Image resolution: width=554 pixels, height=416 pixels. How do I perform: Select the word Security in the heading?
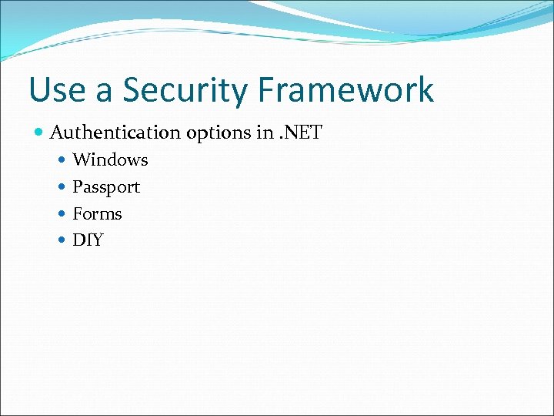coord(187,90)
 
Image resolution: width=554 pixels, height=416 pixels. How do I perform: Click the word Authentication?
coord(115,133)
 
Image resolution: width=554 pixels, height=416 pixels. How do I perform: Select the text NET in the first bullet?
coord(303,133)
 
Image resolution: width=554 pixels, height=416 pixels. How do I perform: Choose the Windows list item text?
coord(110,160)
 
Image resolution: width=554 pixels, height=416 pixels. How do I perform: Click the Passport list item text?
coord(106,187)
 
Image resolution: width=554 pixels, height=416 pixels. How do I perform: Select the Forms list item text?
coord(97,213)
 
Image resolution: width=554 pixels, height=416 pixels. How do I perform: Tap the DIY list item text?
coord(88,240)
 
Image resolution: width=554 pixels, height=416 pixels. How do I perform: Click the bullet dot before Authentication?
coord(39,133)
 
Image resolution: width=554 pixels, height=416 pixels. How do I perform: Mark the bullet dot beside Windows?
coord(62,161)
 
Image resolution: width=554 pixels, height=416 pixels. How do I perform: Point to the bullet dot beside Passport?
coord(62,187)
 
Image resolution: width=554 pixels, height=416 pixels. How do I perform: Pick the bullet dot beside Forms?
coord(62,214)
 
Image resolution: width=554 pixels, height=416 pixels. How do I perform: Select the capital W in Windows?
coord(80,160)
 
